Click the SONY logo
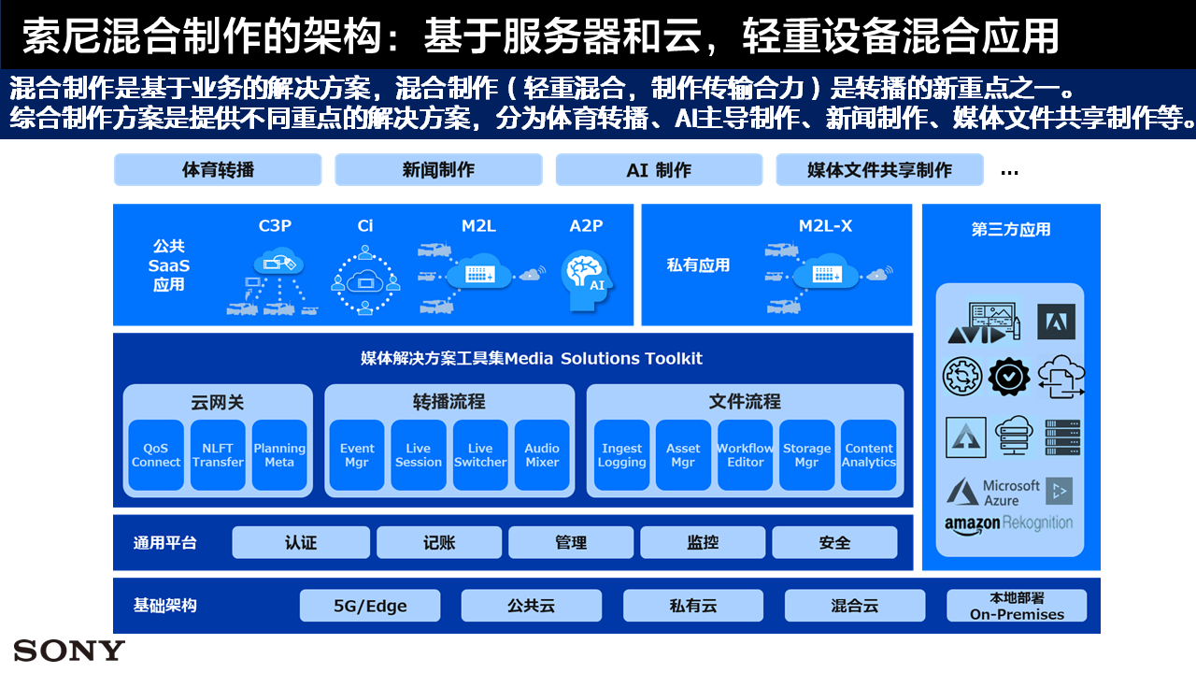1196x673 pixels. (x=69, y=651)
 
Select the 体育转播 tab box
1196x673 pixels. (x=218, y=170)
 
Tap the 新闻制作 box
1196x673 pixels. (x=438, y=170)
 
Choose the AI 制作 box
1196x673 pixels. (x=659, y=170)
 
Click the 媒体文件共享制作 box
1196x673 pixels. (x=879, y=170)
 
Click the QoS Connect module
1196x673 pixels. (x=156, y=455)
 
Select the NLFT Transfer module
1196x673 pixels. (x=218, y=455)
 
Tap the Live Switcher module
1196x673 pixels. (x=480, y=455)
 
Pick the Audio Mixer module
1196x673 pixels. (x=542, y=455)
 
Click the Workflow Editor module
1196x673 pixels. (x=746, y=455)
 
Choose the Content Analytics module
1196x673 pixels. (x=869, y=455)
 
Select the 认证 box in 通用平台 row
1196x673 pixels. (x=301, y=542)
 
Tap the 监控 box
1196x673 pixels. (x=703, y=542)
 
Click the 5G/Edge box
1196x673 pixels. (x=370, y=606)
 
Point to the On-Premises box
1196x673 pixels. (x=1017, y=606)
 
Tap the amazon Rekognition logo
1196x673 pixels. (x=1009, y=523)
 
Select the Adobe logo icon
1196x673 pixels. (x=1056, y=322)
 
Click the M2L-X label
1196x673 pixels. (x=825, y=226)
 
